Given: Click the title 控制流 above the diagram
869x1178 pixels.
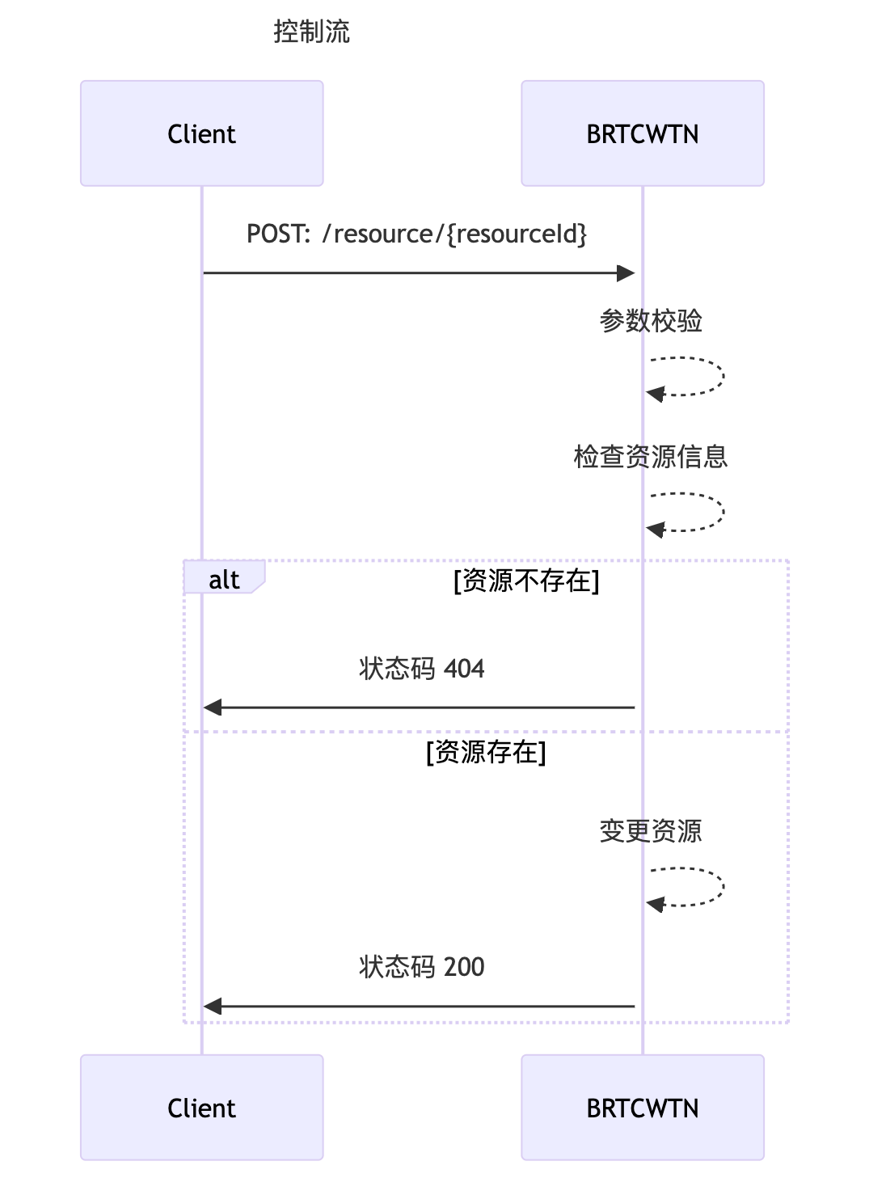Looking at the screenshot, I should point(311,32).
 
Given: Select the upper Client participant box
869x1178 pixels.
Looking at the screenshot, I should point(201,133).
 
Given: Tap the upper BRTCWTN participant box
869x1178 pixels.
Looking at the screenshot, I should point(643,133).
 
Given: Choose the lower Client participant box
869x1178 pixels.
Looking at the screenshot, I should point(201,1108).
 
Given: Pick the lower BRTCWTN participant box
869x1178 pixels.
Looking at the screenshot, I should point(643,1108).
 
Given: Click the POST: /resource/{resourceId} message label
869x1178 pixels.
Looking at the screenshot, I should point(416,234).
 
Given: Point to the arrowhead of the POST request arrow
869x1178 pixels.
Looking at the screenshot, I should point(626,273).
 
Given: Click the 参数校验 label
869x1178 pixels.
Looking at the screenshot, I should point(651,322).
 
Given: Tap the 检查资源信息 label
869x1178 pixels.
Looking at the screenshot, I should point(651,457).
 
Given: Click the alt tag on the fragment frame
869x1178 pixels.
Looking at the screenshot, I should point(224,580).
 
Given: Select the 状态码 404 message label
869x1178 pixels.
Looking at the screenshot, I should point(421,669).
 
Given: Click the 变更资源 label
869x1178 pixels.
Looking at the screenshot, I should point(651,831).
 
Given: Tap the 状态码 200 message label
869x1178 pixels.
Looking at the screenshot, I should point(421,967).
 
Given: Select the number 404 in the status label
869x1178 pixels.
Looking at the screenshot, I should point(464,669).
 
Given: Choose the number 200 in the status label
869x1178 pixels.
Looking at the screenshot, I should point(464,967).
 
